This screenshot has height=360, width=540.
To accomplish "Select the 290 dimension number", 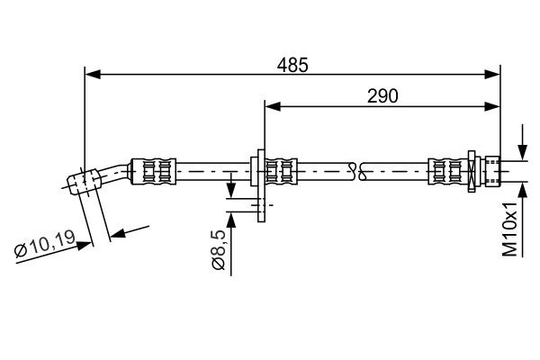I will point(382,95).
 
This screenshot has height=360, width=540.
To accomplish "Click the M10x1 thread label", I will point(511,229).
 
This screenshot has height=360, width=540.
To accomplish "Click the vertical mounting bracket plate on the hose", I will point(259,180).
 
